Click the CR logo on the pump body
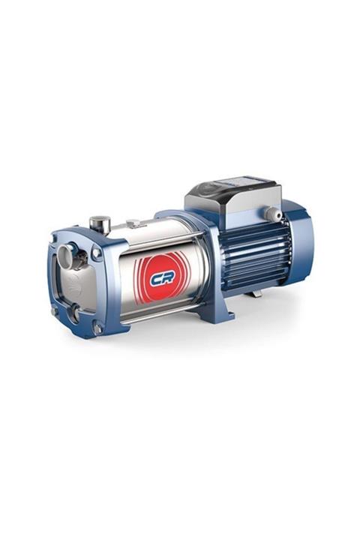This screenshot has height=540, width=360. coord(161,278)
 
